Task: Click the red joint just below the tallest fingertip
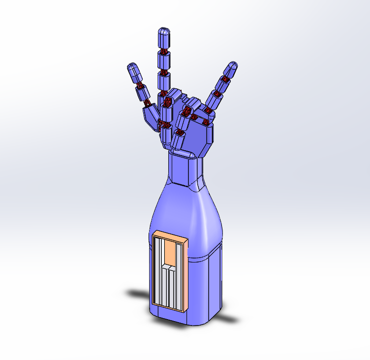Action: [163, 51]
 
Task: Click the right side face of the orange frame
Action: [186, 276]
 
